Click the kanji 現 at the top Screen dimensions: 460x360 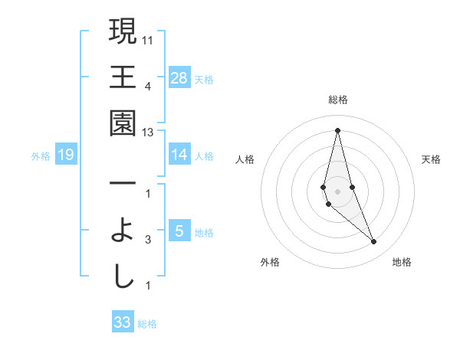coord(123,32)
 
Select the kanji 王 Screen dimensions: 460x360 coord(123,78)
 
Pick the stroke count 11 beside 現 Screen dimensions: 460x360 coord(148,38)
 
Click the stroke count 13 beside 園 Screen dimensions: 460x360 coord(148,133)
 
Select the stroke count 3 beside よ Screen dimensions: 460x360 coord(148,240)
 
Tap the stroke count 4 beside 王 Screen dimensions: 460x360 coord(148,85)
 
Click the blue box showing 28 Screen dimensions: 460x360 coord(179,78)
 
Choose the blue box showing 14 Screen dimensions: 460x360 coord(179,155)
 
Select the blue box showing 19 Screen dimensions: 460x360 coord(66,155)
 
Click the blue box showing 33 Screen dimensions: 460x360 coord(123,322)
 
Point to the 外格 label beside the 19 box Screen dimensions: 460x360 coord(41,156)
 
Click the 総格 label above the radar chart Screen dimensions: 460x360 coord(337,100)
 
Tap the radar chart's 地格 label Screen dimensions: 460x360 coord(402,262)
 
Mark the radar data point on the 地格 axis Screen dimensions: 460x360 coord(374,241)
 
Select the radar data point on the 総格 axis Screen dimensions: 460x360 coord(337,130)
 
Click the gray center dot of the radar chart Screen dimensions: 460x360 coord(337,191)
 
